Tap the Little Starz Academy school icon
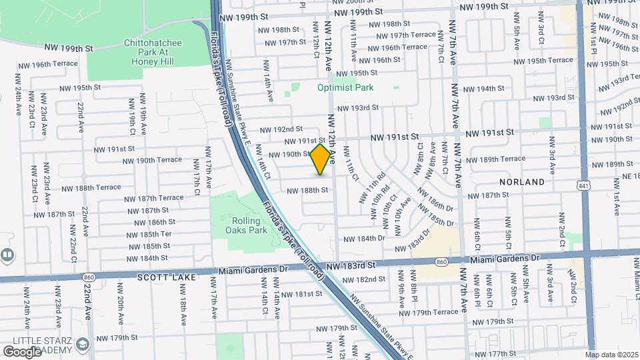point(83,344)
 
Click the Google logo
point(22,351)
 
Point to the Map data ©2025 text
point(611,355)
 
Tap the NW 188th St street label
point(307,190)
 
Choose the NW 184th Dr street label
point(363,238)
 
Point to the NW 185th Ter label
point(150,234)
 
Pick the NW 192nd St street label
point(281,129)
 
